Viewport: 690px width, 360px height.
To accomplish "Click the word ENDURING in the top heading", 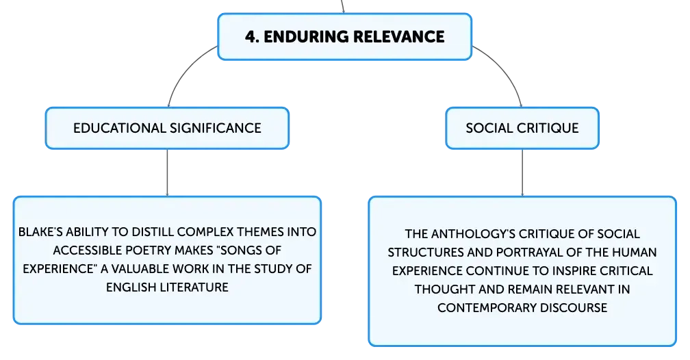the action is point(305,36).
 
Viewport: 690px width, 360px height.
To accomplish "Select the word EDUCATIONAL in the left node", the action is point(119,128).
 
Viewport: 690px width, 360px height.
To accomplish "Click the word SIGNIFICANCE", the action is point(215,128).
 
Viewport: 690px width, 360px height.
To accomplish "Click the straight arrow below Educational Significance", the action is point(167,172).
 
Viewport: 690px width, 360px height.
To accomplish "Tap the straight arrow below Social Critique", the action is point(522,172).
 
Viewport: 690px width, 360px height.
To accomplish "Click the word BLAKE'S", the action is point(40,232).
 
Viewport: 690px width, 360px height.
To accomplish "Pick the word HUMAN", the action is point(635,252).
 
